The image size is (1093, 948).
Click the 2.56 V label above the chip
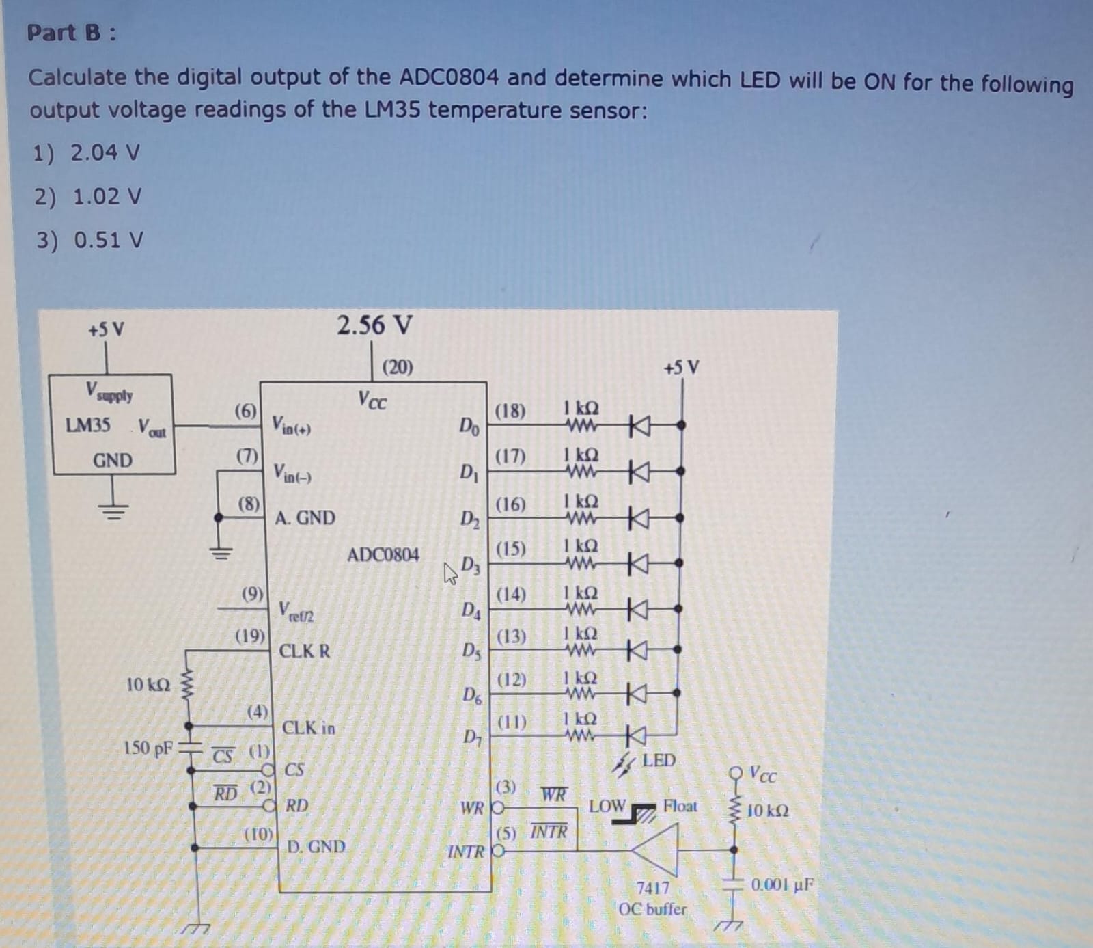point(374,325)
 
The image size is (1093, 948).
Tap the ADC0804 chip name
point(383,554)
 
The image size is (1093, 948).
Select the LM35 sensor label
point(87,425)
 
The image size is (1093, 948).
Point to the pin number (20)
point(398,368)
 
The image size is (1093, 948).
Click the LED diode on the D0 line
point(638,426)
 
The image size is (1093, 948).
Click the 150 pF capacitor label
point(148,748)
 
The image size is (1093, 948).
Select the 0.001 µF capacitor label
point(783,884)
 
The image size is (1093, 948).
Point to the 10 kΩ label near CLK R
point(148,684)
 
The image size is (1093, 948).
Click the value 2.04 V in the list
point(105,152)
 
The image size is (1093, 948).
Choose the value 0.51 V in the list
point(109,241)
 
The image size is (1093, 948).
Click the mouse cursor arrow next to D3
point(451,573)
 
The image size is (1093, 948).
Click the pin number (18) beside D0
point(510,411)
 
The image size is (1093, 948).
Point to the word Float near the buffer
point(680,806)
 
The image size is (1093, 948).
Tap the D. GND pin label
point(316,847)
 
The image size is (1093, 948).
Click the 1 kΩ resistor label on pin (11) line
point(580,719)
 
